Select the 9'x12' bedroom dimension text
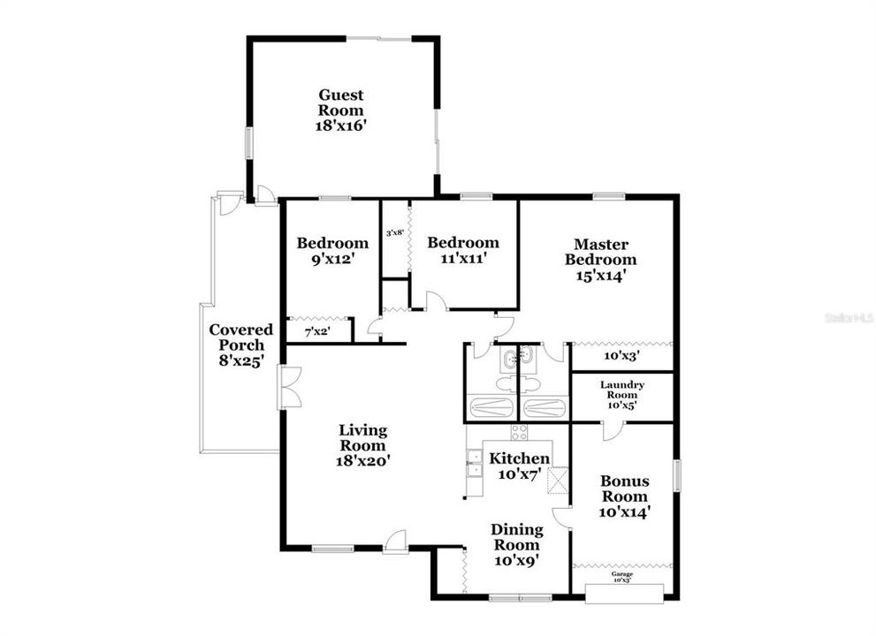(x=331, y=259)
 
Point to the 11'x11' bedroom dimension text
(x=462, y=259)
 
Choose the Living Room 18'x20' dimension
(x=363, y=459)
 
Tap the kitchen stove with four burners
(x=519, y=432)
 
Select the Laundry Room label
(x=621, y=390)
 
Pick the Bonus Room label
(x=625, y=488)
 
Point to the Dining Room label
(x=517, y=536)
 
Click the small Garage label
(x=621, y=574)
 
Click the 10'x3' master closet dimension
(x=621, y=356)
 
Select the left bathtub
(x=491, y=408)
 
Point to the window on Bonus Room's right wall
(x=678, y=474)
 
